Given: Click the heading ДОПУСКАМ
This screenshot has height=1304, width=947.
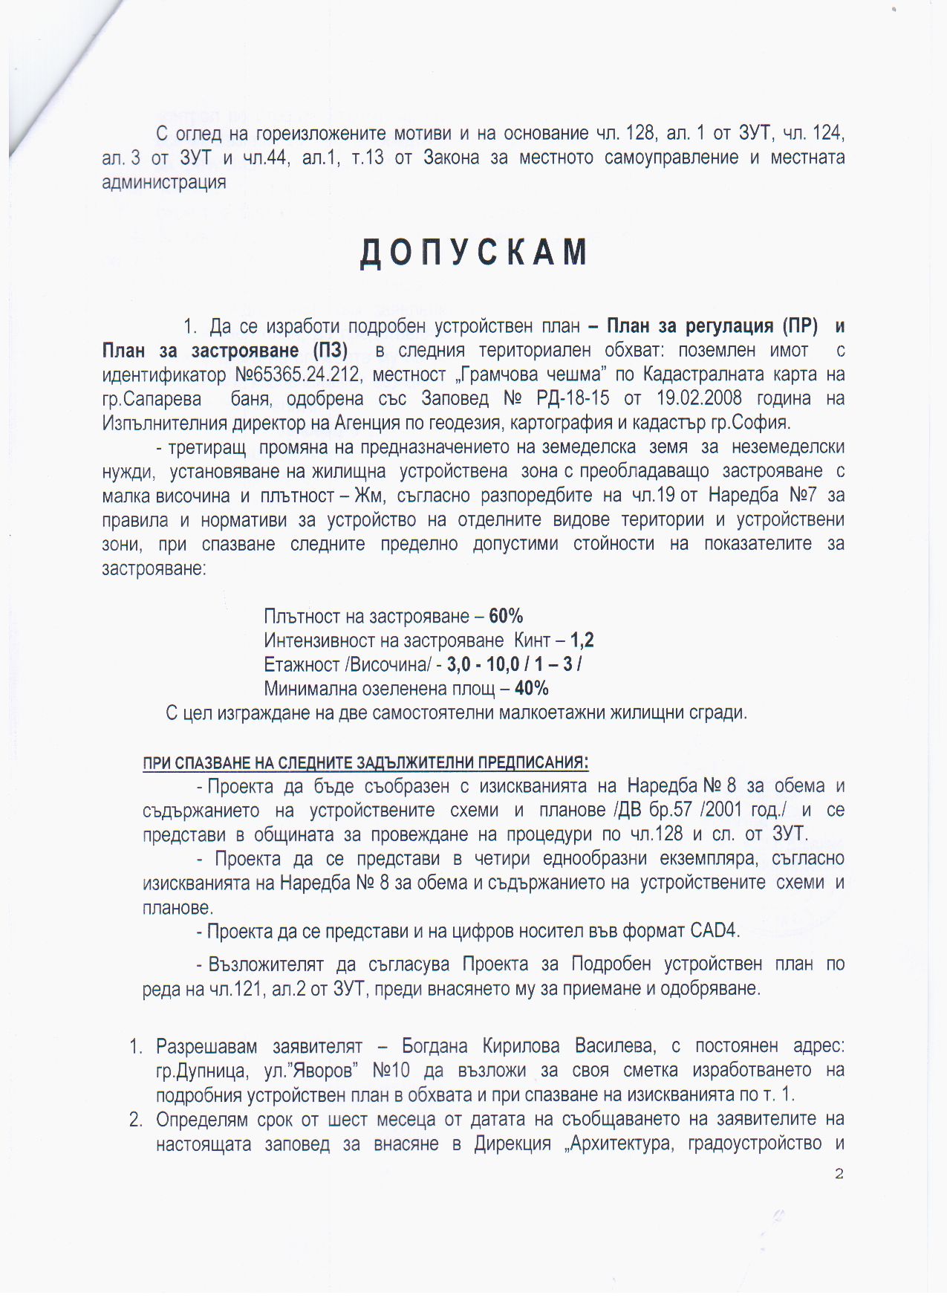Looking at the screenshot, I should click(x=474, y=253).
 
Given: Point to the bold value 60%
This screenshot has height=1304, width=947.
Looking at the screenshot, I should click(x=507, y=616).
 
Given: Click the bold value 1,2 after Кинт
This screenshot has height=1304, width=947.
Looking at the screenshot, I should click(x=582, y=640).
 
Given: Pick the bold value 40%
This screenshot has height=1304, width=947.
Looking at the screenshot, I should click(x=532, y=688).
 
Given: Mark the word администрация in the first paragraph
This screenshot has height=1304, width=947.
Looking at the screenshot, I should click(x=164, y=182).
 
